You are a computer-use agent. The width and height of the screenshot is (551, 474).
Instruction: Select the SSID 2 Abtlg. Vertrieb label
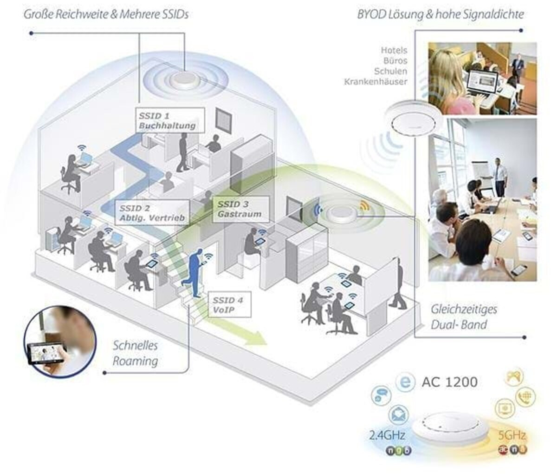[x=152, y=213]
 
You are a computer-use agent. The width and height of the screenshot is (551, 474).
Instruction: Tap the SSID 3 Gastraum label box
[x=240, y=209]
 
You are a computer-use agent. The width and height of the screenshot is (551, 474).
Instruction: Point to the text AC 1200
[x=449, y=382]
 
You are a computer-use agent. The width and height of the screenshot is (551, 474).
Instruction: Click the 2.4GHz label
[x=387, y=436]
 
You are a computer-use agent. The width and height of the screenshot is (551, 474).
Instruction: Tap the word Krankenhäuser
[x=376, y=82]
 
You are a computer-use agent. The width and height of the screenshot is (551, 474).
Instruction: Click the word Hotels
[x=394, y=50]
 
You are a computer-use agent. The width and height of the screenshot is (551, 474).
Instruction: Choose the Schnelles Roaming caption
[x=135, y=353]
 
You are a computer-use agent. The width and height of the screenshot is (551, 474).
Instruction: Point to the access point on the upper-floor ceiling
[x=184, y=80]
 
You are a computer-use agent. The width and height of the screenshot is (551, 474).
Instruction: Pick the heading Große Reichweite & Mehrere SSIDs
[x=107, y=14]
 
